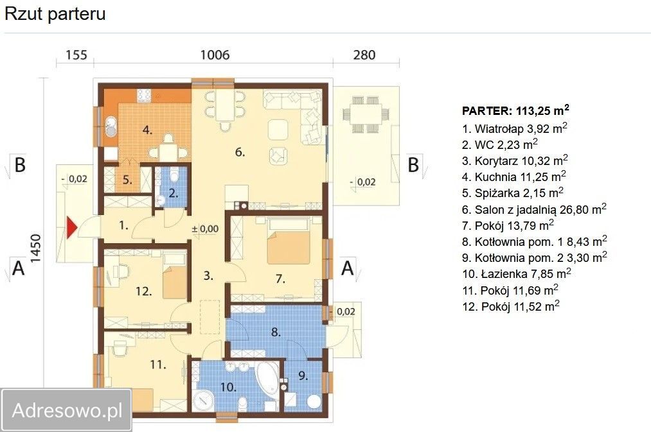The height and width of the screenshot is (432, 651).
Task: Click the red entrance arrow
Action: point(72,228)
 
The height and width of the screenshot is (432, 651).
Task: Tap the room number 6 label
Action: point(240,152)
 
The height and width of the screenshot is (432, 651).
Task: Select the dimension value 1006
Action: point(215,55)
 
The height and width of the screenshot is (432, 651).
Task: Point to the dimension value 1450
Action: point(36,248)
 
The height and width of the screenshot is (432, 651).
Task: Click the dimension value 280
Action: point(364,55)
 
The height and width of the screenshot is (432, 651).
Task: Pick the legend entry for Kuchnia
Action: point(514,177)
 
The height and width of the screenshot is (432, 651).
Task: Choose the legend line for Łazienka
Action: point(517,273)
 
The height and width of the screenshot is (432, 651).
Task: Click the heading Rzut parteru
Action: point(55,13)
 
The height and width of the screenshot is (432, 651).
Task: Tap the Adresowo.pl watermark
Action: point(67,410)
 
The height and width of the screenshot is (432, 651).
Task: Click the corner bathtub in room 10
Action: point(267,379)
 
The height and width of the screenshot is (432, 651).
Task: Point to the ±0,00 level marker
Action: point(205,229)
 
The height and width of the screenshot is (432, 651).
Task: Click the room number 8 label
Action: point(276,332)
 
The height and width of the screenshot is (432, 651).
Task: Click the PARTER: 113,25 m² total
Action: point(515,110)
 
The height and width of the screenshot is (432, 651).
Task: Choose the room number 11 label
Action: point(157,365)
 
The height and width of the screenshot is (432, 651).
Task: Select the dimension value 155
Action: point(76,55)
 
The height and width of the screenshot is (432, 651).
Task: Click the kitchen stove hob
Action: point(144,95)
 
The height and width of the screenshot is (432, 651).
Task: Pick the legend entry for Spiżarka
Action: point(513,193)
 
